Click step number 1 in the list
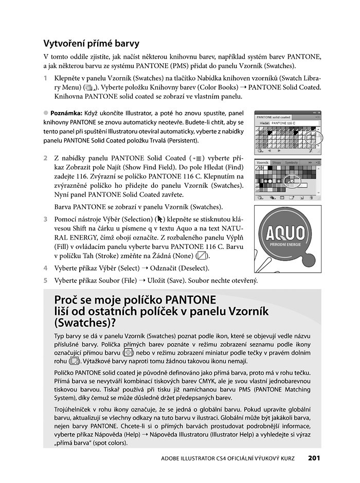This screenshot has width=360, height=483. pyautogui.click(x=46, y=78)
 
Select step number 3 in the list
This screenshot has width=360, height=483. pyautogui.click(x=46, y=219)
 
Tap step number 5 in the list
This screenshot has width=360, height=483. pyautogui.click(x=46, y=280)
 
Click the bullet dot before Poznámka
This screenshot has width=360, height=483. pyautogui.click(x=45, y=113)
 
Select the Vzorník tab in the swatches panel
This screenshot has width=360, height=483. pyautogui.click(x=263, y=163)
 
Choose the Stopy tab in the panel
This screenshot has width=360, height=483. pyautogui.click(x=277, y=163)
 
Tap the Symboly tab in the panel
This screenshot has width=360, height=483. pyautogui.click(x=292, y=163)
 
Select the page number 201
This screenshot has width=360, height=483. pyautogui.click(x=315, y=458)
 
